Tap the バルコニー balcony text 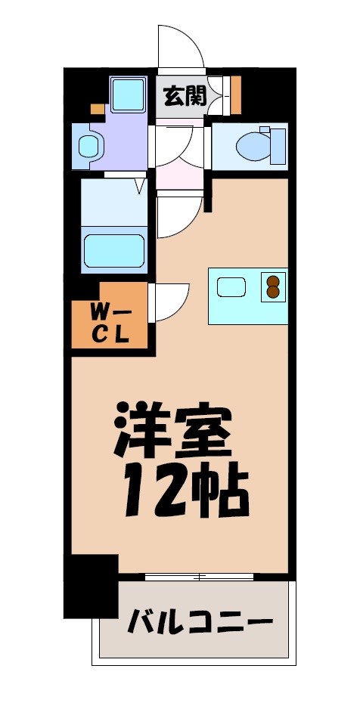200,624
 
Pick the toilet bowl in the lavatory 250,144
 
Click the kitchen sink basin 231,287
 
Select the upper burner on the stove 272,280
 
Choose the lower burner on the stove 272,293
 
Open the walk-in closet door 172,302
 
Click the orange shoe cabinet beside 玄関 236,94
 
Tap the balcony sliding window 198,577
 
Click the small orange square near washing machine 97,109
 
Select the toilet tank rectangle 278,145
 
